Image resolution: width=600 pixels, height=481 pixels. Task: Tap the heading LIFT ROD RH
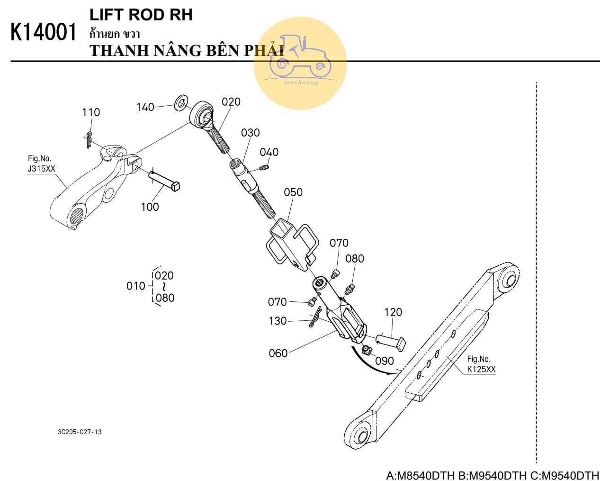(x=141, y=15)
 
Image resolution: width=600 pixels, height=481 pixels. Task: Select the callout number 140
(x=145, y=107)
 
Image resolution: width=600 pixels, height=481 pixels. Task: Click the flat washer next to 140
(x=181, y=103)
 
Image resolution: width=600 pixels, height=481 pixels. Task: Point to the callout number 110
(x=91, y=112)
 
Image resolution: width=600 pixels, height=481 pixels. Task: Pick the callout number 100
(x=150, y=207)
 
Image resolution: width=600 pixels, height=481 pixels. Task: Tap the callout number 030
(x=250, y=133)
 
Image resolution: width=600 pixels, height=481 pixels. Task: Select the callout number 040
(x=269, y=152)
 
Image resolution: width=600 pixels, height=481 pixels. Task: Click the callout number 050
(x=293, y=192)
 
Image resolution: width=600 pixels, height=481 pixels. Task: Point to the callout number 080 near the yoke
(x=355, y=258)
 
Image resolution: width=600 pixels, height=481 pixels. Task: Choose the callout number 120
(x=393, y=312)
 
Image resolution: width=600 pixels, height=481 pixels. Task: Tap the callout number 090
(x=384, y=361)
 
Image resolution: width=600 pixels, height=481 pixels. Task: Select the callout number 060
(x=278, y=353)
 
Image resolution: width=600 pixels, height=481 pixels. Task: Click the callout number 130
(x=278, y=321)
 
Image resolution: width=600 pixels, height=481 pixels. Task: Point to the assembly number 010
(x=135, y=286)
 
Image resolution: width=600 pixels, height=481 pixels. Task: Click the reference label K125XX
(x=481, y=369)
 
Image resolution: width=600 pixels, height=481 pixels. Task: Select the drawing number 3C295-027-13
(x=80, y=432)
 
